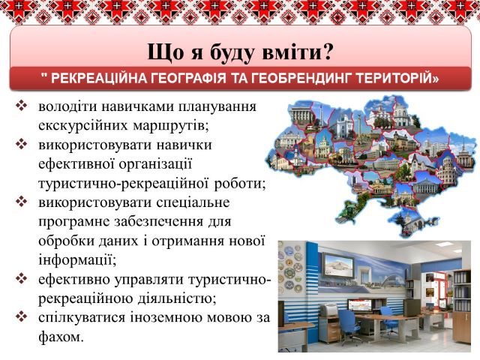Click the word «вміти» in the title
[x=289, y=52]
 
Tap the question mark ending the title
[x=325, y=52]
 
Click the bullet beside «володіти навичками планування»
[x=21, y=106]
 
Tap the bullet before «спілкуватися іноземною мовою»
[x=21, y=317]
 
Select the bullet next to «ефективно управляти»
[x=21, y=278]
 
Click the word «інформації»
[x=77, y=260]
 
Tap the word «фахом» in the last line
[x=61, y=337]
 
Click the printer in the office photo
[x=330, y=310]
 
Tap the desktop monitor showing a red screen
[x=360, y=305]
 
